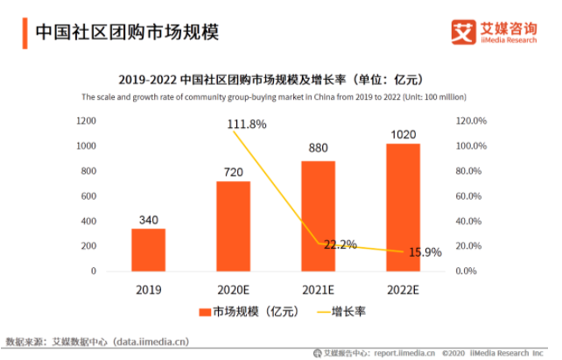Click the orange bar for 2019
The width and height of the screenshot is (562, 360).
[x=148, y=250]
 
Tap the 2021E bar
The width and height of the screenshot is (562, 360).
[x=318, y=215]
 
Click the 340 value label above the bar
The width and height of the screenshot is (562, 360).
[x=148, y=219]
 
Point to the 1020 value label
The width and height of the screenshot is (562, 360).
[x=403, y=134]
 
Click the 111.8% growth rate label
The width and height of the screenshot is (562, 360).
[x=247, y=125]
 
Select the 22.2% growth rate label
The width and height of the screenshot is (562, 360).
[x=340, y=244]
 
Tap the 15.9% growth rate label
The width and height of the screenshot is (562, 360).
[x=425, y=252]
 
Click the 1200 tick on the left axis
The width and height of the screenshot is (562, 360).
[x=85, y=120]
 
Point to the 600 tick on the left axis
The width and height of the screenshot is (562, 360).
[x=88, y=195]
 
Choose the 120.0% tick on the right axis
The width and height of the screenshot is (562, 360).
[x=472, y=120]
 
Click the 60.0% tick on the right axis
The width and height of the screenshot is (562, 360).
[x=472, y=195]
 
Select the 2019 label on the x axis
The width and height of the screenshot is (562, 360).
[x=148, y=287]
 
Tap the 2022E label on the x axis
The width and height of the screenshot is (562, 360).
[x=403, y=287]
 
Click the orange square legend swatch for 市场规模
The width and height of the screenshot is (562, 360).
[x=205, y=312]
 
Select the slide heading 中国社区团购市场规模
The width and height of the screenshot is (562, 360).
[x=126, y=32]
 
